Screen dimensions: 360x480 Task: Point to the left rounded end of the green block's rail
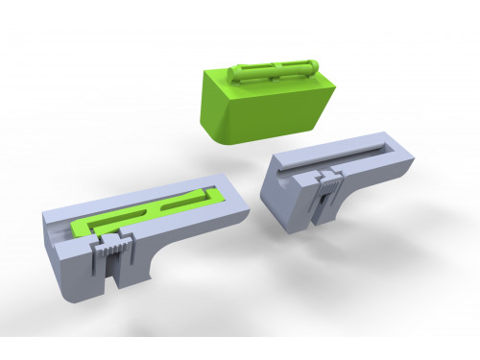[x=237, y=76]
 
